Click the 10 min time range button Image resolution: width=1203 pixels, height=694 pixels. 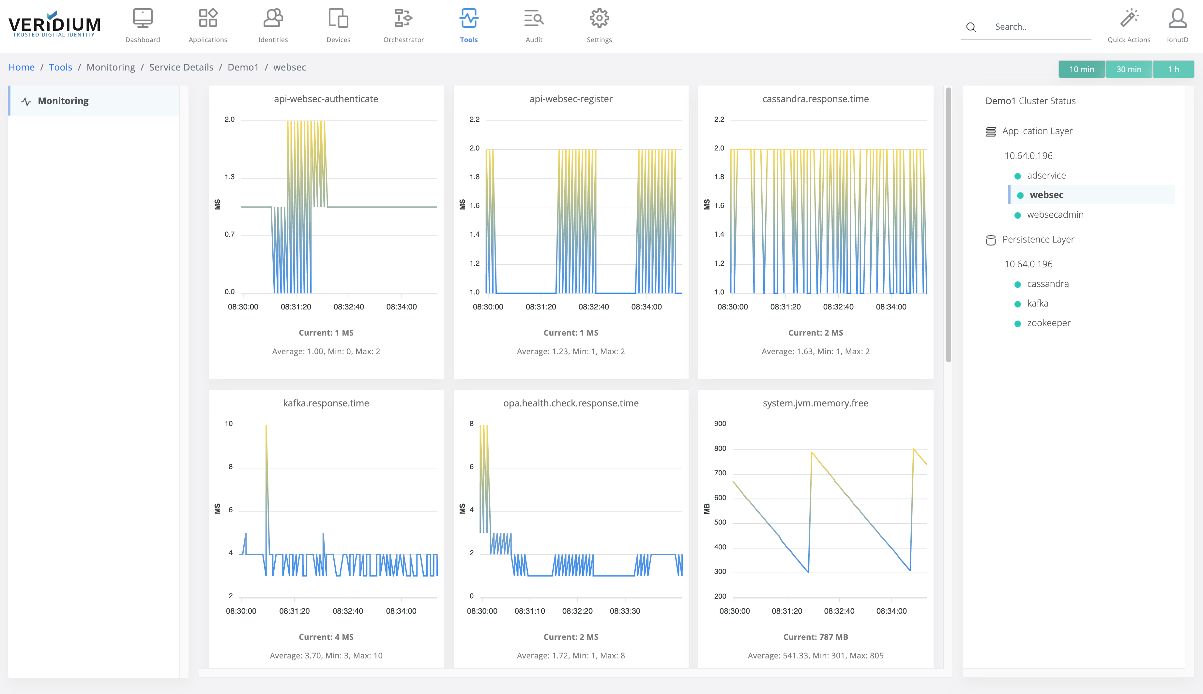[1081, 70]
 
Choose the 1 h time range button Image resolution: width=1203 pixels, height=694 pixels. [1173, 70]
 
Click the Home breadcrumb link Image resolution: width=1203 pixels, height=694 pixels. [22, 67]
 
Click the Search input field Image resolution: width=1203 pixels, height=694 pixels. [1038, 27]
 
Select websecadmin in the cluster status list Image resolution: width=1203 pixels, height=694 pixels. [1055, 214]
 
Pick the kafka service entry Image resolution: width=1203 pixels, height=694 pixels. [1037, 304]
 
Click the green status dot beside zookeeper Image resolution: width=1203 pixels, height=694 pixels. [1017, 323]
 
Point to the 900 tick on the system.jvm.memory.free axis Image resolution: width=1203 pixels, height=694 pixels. [720, 424]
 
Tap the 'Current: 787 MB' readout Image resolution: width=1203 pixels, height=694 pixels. [815, 637]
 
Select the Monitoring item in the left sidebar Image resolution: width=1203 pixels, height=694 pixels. [63, 101]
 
